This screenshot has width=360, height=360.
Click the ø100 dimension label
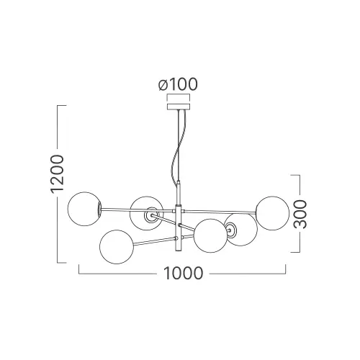[x=178, y=84]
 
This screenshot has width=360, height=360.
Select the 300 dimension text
[x=300, y=214]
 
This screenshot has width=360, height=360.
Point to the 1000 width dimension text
[x=183, y=273]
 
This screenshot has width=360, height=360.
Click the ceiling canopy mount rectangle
[x=179, y=107]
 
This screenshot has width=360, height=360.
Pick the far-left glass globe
[x=85, y=209]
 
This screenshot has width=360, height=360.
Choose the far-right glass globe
[x=273, y=213]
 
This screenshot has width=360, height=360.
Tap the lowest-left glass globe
[x=117, y=247]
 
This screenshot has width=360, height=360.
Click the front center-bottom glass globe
[x=210, y=235]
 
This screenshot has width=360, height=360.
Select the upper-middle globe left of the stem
[x=146, y=213]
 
